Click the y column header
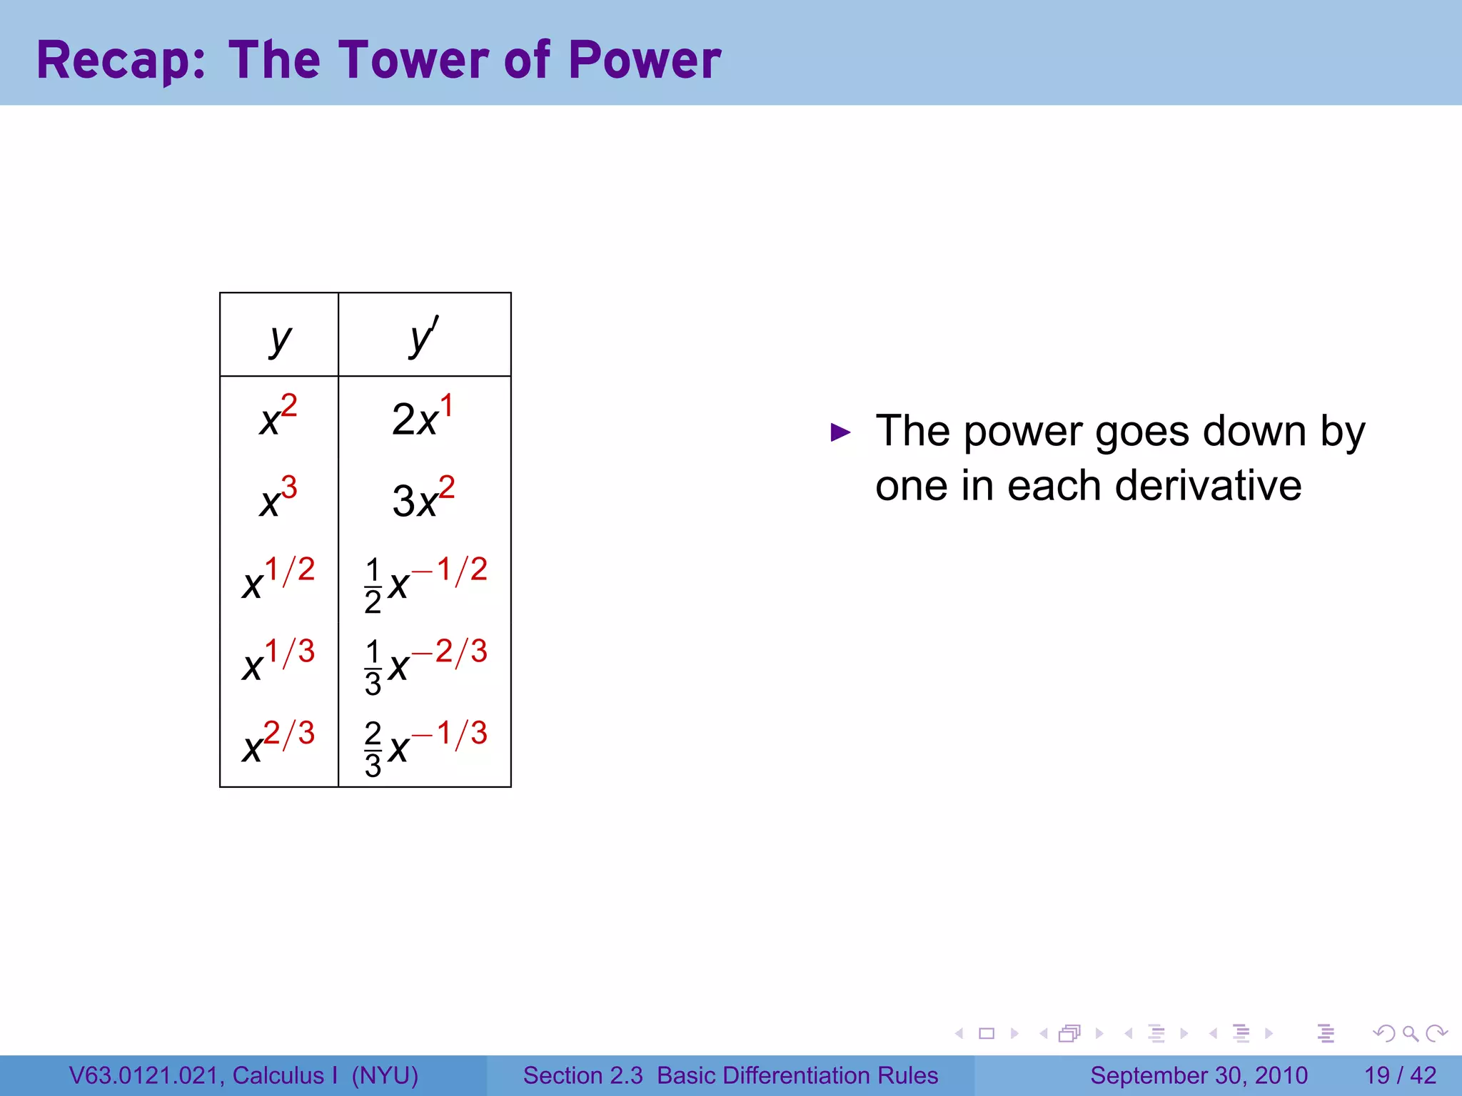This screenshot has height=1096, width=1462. tap(280, 338)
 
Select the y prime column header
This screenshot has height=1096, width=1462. tap(424, 337)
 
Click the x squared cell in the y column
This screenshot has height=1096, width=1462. tap(278, 416)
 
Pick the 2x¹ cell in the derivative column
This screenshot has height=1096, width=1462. tap(423, 417)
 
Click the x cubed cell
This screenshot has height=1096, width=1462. tap(278, 498)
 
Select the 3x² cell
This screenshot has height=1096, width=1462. tap(423, 498)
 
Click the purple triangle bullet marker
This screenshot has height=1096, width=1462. tap(841, 432)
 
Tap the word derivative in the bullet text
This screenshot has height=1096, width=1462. tap(1208, 487)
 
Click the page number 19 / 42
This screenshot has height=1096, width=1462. tap(1400, 1075)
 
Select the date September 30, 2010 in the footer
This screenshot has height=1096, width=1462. tap(1199, 1075)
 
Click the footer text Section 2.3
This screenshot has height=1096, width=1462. tap(583, 1075)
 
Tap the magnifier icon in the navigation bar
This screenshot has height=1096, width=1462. tap(1410, 1033)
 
